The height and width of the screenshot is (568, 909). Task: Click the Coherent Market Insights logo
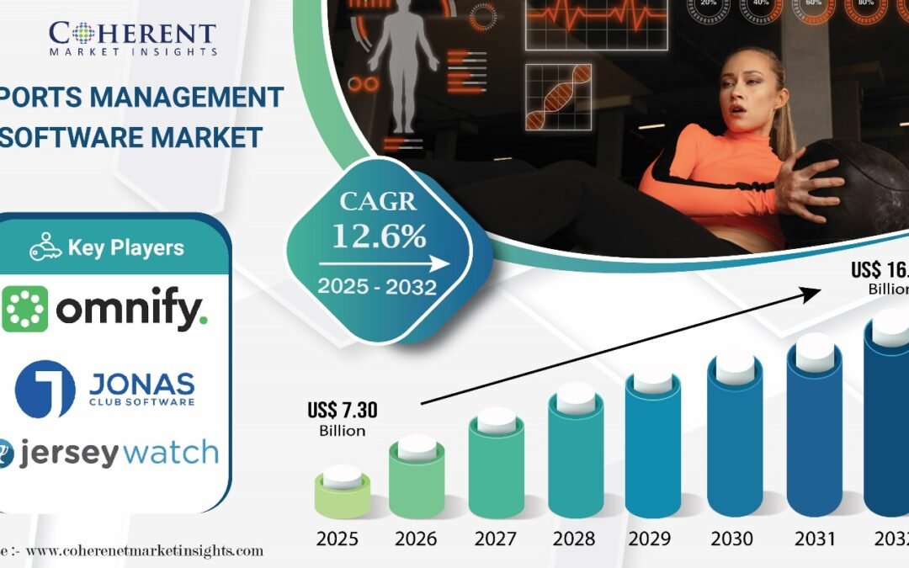point(133,37)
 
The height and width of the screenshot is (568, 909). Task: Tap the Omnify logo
point(104,309)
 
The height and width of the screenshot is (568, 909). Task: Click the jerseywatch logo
point(109,453)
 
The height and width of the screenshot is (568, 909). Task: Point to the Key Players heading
point(107,248)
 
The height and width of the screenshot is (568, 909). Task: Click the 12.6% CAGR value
point(379,236)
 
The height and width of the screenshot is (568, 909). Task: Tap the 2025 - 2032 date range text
point(376,286)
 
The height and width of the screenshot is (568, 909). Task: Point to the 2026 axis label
point(416,539)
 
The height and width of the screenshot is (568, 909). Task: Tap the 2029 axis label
point(653,539)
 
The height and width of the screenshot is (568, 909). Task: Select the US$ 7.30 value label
point(343,411)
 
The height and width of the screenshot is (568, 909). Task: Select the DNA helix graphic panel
point(558,97)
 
